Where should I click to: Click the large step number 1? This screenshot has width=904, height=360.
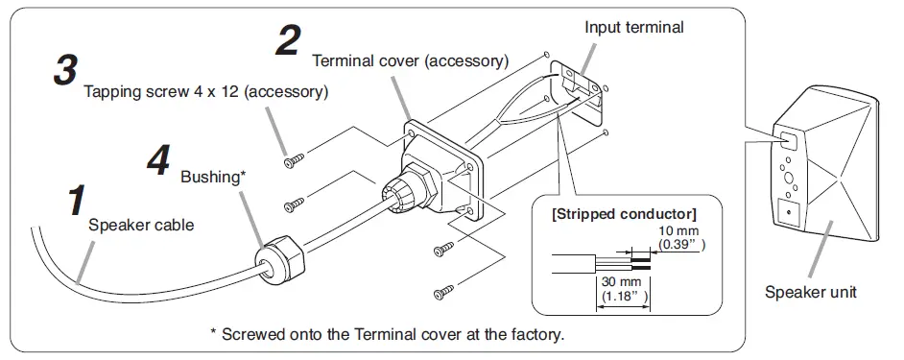(x=76, y=201)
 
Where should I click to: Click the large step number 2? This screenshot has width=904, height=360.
(x=288, y=41)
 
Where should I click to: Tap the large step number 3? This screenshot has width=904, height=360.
(x=65, y=70)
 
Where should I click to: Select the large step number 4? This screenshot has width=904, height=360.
(x=158, y=159)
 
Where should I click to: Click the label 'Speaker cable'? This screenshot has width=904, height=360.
(x=141, y=225)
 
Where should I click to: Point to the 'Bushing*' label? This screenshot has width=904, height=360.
(x=213, y=177)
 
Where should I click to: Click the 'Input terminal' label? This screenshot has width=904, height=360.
(x=634, y=27)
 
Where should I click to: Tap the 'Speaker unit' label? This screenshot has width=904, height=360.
(x=811, y=292)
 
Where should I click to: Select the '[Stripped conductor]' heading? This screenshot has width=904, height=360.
(x=624, y=214)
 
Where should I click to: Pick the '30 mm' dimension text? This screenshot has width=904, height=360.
(x=613, y=283)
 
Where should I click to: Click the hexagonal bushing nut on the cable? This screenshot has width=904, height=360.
(x=279, y=260)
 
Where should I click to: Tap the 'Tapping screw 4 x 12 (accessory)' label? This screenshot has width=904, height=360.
(x=205, y=92)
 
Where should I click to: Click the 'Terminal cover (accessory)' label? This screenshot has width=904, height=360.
(x=411, y=60)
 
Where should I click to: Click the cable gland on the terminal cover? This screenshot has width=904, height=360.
(x=408, y=186)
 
